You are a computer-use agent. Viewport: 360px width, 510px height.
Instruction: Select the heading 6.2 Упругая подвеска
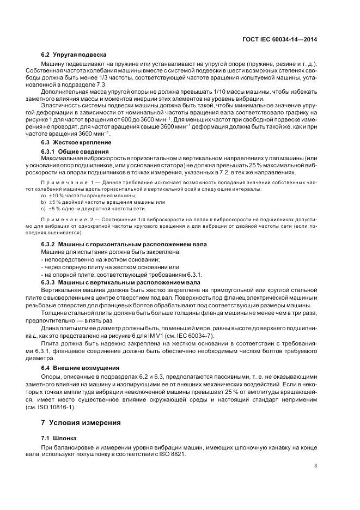[x=74, y=55]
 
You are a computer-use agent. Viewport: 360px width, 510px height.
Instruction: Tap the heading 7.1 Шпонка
[x=61, y=437]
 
